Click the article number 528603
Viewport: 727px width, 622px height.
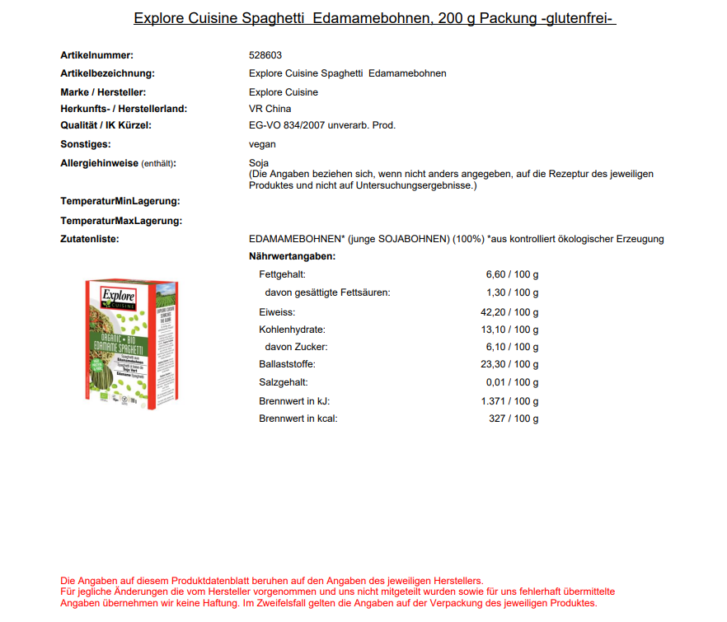(x=265, y=55)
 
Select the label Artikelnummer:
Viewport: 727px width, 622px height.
(x=96, y=55)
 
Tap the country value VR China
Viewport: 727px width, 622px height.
(x=270, y=109)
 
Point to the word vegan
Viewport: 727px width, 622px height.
(x=262, y=144)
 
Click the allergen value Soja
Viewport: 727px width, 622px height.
(x=259, y=163)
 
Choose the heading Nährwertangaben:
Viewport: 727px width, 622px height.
(x=292, y=256)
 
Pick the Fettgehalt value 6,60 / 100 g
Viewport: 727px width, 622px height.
(x=512, y=275)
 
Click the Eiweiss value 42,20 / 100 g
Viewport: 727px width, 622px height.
(x=509, y=312)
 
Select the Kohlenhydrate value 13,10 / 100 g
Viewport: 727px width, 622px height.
(x=509, y=330)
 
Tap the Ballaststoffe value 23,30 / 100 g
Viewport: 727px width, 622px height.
(x=509, y=364)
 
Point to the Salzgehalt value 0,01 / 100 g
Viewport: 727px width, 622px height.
(x=512, y=382)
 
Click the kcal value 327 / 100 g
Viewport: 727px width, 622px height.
(x=514, y=419)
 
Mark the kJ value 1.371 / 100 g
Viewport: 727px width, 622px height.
(x=509, y=401)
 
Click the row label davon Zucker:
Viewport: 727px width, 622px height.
(x=296, y=347)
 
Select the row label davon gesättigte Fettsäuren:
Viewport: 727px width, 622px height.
(x=327, y=292)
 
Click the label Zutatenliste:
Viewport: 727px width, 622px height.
(x=90, y=239)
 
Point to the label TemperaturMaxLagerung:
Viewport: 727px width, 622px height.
(x=121, y=221)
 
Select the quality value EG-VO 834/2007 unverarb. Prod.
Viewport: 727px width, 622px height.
(x=321, y=126)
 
